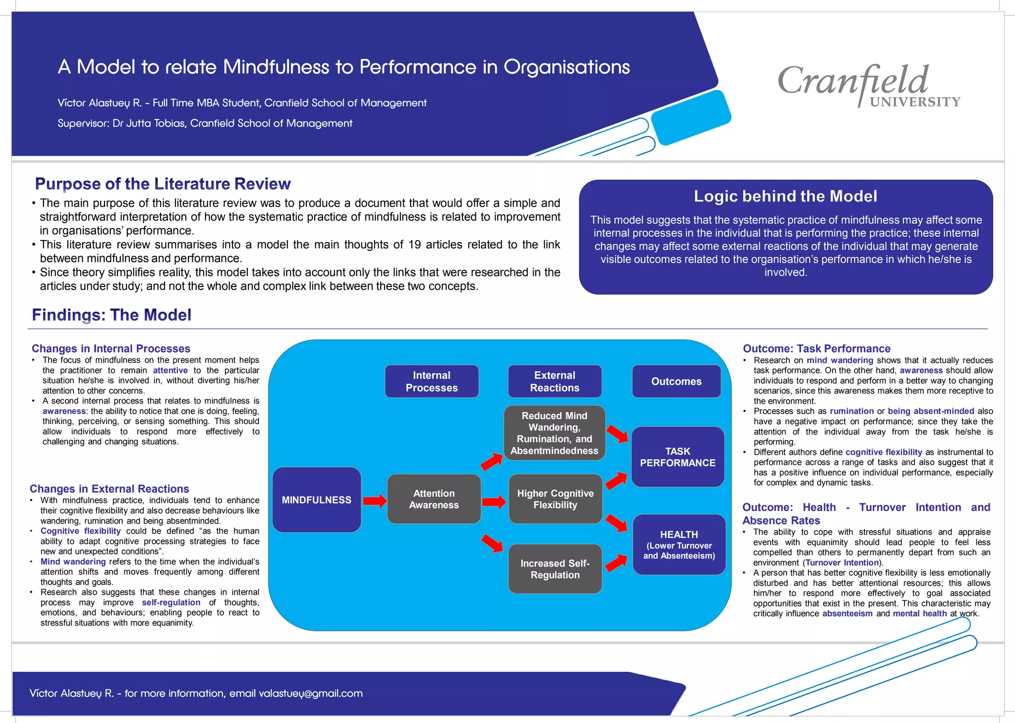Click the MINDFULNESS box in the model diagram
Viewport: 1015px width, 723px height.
pyautogui.click(x=316, y=500)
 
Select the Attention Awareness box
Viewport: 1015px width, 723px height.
pyautogui.click(x=434, y=499)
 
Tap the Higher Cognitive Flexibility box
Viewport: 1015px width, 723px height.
pyautogui.click(x=555, y=499)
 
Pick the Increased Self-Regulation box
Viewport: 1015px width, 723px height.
pyautogui.click(x=555, y=569)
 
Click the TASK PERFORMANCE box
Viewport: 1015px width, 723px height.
pyautogui.click(x=677, y=457)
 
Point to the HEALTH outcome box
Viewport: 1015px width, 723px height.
pyautogui.click(x=679, y=544)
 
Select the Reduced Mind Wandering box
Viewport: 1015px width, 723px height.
pyautogui.click(x=554, y=433)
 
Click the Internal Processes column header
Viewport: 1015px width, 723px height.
pyautogui.click(x=432, y=381)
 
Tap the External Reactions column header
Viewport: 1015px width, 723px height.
pyautogui.click(x=555, y=381)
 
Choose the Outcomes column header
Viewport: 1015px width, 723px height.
pyautogui.click(x=676, y=381)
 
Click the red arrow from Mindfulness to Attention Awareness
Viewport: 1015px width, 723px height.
pyautogui.click(x=375, y=501)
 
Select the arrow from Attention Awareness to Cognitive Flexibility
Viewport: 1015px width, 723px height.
pyautogui.click(x=494, y=502)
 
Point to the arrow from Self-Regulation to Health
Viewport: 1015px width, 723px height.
pyautogui.click(x=616, y=563)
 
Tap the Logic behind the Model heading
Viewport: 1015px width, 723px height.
pyautogui.click(x=785, y=196)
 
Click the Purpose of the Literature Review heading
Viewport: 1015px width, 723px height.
pyautogui.click(x=163, y=184)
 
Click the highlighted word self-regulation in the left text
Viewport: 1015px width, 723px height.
pyautogui.click(x=171, y=602)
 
